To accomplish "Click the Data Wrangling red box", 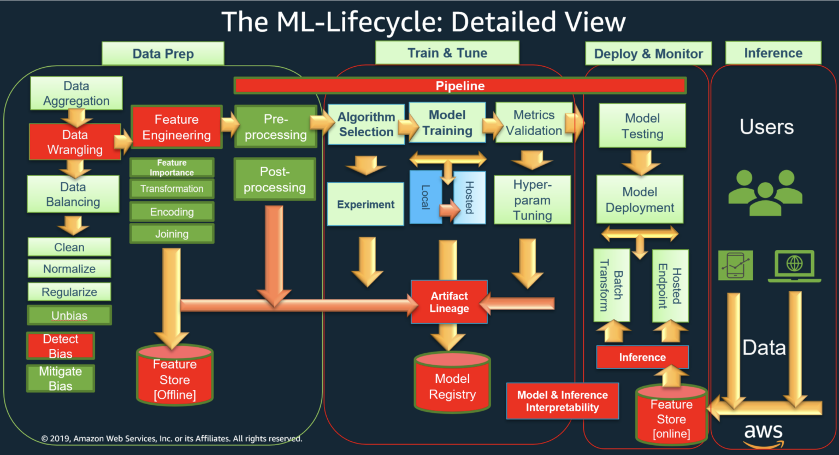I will tap(75, 142).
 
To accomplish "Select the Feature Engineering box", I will tap(176, 127).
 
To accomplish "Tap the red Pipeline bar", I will tap(460, 86).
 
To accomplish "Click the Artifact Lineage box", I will tap(449, 302).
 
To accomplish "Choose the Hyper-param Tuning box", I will tap(532, 200).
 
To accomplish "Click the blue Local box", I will tap(426, 197).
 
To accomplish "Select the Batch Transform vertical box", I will tap(611, 285).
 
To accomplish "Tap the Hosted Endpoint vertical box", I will tap(670, 285).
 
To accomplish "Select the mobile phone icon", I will tap(735, 265).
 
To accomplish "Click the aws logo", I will tap(764, 434).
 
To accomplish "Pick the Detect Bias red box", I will tap(61, 346).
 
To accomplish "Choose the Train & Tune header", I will tap(447, 53).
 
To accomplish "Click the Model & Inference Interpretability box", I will tap(562, 401).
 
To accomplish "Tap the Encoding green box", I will tap(172, 212).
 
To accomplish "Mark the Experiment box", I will tap(365, 204).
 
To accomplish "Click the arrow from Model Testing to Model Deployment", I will tap(641, 161).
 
